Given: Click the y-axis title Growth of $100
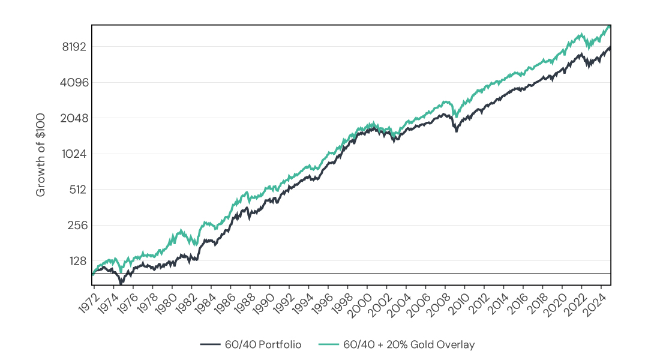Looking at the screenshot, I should tap(41, 155).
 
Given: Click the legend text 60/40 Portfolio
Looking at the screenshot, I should tap(263, 344).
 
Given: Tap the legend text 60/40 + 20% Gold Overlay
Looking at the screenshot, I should tap(409, 344).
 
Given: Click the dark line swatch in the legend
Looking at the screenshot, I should tap(211, 344).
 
